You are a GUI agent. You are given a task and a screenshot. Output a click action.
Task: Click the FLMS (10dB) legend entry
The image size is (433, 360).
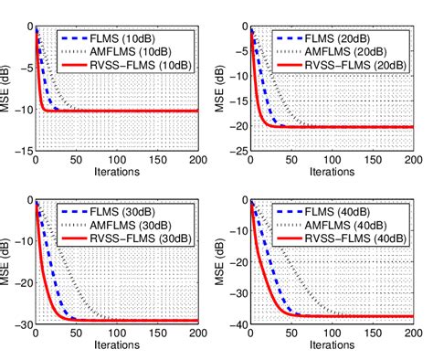128,39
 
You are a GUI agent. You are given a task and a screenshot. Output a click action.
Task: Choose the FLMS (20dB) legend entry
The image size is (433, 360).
346,39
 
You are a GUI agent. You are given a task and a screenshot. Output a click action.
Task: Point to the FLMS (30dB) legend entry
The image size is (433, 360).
128,217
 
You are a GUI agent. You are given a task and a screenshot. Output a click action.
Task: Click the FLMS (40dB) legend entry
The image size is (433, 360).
346,217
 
